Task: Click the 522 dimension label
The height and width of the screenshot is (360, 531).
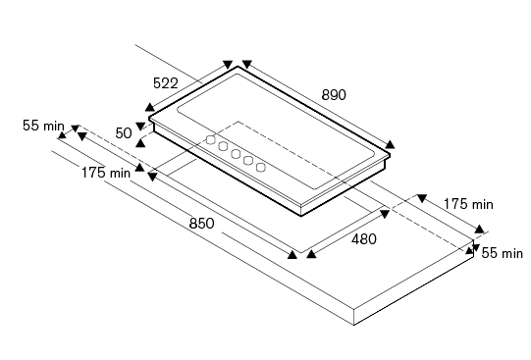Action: click(x=166, y=83)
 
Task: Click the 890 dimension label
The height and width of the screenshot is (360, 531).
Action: click(x=334, y=95)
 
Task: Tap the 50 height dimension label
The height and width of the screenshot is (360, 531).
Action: click(x=124, y=133)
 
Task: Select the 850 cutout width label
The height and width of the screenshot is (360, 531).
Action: click(x=202, y=224)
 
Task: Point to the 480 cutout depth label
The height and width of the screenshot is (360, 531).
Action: click(x=364, y=239)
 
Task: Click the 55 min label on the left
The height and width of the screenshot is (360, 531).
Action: click(x=43, y=126)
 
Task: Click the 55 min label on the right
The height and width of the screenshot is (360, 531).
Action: click(x=503, y=253)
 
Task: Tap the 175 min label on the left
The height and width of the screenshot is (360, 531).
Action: click(x=106, y=173)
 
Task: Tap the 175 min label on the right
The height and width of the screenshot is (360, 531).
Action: click(x=468, y=204)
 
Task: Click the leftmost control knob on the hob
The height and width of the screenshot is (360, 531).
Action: click(x=211, y=139)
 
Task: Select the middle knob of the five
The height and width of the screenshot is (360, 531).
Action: click(x=236, y=154)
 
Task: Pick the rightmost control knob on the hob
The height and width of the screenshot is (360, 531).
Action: click(x=261, y=167)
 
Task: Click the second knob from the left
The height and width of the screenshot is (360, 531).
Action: click(x=223, y=146)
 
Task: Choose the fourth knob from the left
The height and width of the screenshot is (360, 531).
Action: click(x=248, y=160)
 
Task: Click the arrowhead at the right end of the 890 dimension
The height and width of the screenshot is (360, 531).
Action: click(x=390, y=144)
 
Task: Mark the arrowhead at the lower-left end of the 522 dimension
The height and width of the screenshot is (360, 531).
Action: click(x=149, y=107)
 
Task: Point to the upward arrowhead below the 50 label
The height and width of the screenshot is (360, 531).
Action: click(x=140, y=143)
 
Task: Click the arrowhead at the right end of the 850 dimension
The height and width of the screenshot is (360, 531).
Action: click(x=292, y=255)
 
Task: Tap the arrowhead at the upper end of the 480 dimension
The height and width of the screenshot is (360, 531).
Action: click(x=385, y=214)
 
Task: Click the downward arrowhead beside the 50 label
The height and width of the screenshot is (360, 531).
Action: click(x=140, y=127)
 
